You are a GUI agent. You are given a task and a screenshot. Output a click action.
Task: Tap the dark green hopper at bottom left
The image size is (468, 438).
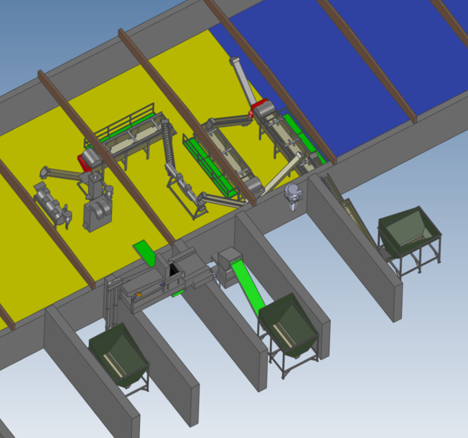coord(118,355)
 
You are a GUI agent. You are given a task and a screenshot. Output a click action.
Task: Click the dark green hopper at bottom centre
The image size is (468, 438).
coord(288,326)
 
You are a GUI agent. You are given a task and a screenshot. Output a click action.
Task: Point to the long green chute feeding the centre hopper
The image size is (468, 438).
coord(247,283)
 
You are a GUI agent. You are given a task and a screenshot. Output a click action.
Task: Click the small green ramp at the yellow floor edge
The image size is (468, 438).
coord(145,252)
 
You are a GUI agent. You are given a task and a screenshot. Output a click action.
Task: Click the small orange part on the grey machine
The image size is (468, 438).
coord(139,295)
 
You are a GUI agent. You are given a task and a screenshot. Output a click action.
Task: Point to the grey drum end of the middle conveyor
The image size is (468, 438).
coord(255,185)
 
